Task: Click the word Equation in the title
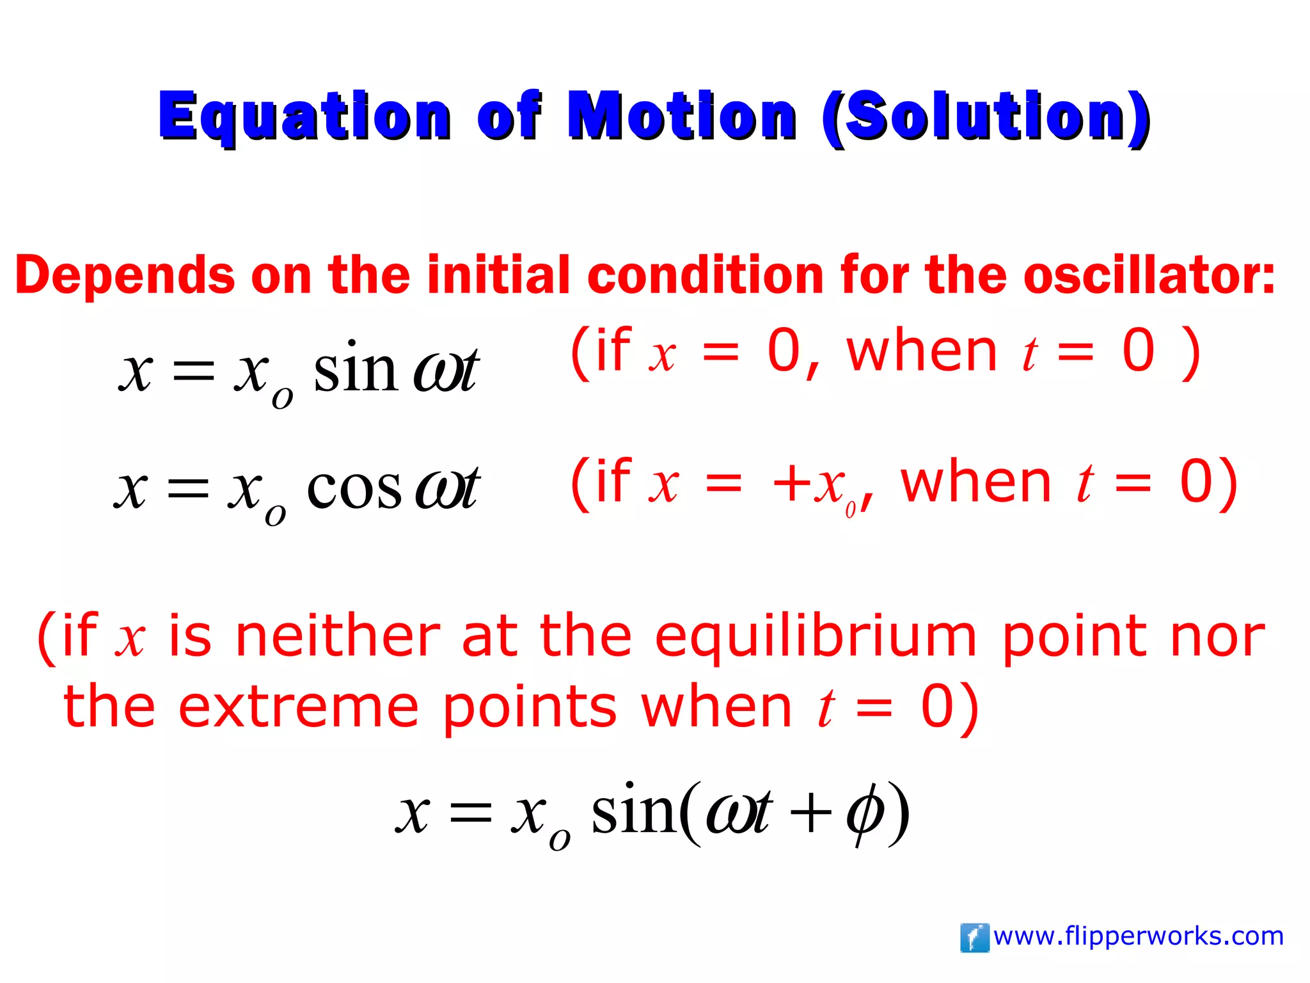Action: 305,116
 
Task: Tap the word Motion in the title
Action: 682,116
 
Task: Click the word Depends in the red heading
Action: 125,275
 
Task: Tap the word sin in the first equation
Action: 356,370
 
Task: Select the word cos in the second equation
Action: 354,488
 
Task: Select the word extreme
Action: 298,707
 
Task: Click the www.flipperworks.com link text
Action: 1139,936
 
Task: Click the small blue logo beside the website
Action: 974,938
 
